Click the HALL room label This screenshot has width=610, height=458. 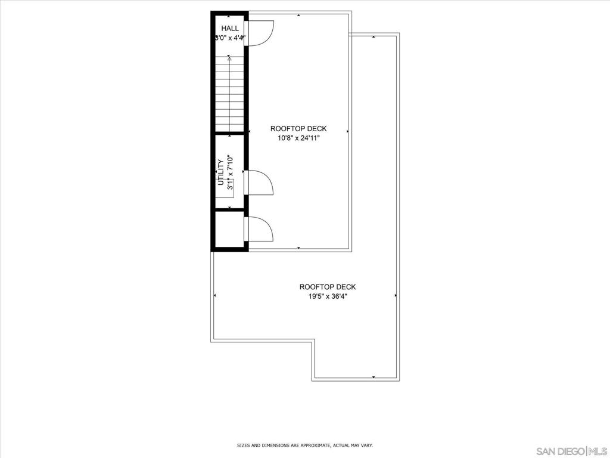230,28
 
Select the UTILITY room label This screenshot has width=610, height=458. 220,172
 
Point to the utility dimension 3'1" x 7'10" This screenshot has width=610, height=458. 229,172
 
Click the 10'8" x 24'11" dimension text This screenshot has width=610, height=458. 298,138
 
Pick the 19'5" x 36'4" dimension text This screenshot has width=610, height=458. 327,296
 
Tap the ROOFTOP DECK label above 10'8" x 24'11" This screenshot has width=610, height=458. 298,129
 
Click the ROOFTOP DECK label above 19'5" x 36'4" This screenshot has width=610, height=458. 327,287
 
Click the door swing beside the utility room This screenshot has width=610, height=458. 261,182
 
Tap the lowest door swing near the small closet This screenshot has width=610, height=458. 261,229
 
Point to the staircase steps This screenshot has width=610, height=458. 229,95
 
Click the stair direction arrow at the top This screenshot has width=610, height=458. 229,58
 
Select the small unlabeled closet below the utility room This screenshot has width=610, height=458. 229,229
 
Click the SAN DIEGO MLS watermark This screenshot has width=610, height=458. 571,450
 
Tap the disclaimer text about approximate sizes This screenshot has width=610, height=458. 304,445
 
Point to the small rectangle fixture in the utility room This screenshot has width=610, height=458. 229,186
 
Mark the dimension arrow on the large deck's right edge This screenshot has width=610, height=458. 396,295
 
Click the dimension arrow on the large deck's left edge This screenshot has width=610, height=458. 214,295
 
